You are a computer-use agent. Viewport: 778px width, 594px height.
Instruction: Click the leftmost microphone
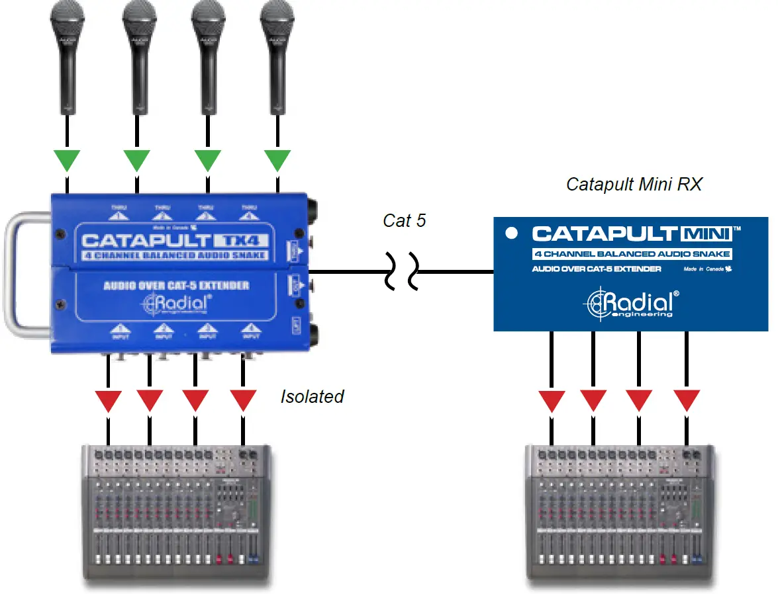(x=66, y=53)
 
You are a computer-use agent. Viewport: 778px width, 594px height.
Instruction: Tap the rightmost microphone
(x=276, y=53)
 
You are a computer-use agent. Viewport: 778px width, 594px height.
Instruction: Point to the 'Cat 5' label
(x=404, y=220)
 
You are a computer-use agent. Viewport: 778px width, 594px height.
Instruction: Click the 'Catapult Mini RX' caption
(x=634, y=184)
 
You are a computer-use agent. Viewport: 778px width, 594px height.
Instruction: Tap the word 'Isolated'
(x=313, y=396)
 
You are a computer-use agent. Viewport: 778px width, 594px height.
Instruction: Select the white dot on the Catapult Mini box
(x=511, y=233)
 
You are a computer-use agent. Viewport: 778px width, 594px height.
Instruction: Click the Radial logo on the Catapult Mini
(x=630, y=303)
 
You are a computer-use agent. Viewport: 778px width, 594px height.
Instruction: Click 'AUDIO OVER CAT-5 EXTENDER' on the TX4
(x=176, y=286)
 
